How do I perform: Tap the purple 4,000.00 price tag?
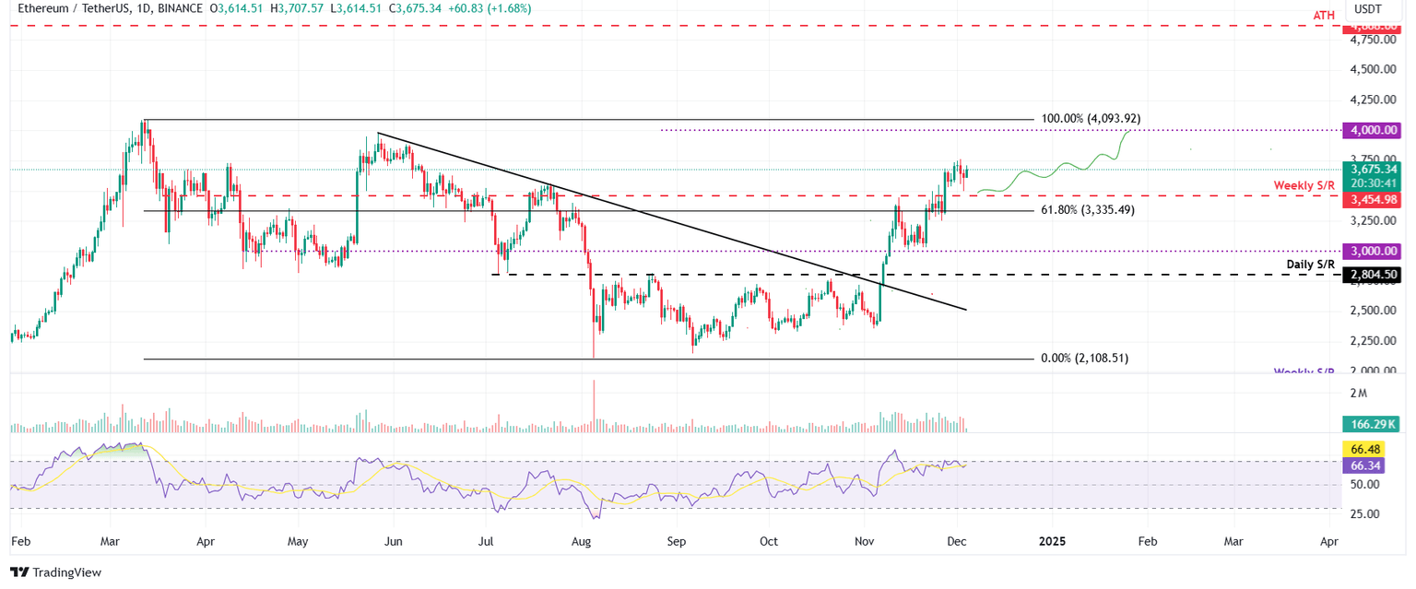(x=1373, y=130)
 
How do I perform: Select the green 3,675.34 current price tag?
(x=1373, y=170)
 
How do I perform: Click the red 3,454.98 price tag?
(x=1373, y=199)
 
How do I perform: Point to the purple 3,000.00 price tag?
(x=1373, y=251)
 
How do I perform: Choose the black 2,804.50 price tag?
(x=1373, y=275)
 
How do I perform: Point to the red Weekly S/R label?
(x=1304, y=185)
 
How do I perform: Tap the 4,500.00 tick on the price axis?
(x=1371, y=70)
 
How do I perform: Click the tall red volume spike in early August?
(x=595, y=406)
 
